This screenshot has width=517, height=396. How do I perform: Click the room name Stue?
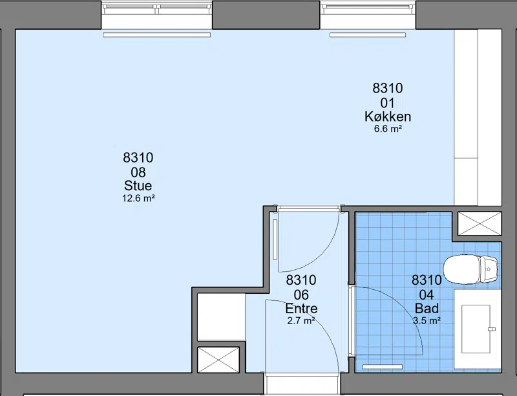(138, 186)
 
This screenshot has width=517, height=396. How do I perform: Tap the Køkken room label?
(388, 116)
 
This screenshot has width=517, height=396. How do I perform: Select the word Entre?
(301, 309)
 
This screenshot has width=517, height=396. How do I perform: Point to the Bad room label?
(427, 309)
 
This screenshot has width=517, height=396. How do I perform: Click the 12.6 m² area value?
(138, 198)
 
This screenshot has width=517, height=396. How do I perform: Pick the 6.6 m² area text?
(388, 129)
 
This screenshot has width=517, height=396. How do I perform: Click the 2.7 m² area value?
(301, 320)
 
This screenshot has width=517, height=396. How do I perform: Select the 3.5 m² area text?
(427, 320)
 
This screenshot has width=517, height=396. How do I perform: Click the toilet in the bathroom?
(470, 269)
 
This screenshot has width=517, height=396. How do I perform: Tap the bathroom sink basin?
(476, 329)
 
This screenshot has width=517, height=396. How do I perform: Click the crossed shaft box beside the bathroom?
(480, 224)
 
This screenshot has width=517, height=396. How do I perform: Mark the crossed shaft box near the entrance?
(218, 360)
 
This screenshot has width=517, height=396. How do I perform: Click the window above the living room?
(156, 10)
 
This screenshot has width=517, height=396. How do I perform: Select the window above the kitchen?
(368, 10)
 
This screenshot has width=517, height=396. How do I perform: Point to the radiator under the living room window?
(156, 35)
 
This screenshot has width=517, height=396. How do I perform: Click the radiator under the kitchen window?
(368, 35)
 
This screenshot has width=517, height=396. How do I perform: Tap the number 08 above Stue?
(138, 172)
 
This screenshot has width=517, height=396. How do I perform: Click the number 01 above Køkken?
(387, 103)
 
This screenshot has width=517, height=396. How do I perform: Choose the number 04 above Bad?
(427, 294)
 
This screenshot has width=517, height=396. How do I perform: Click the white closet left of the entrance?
(221, 317)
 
